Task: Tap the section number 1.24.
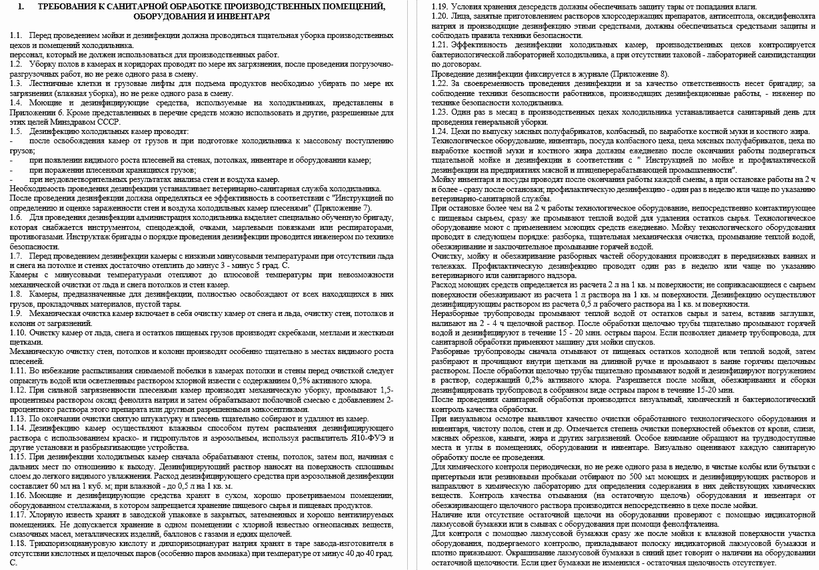(440, 132)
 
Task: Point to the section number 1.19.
(440, 6)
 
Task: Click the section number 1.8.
(15, 294)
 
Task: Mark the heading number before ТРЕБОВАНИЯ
(21, 6)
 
